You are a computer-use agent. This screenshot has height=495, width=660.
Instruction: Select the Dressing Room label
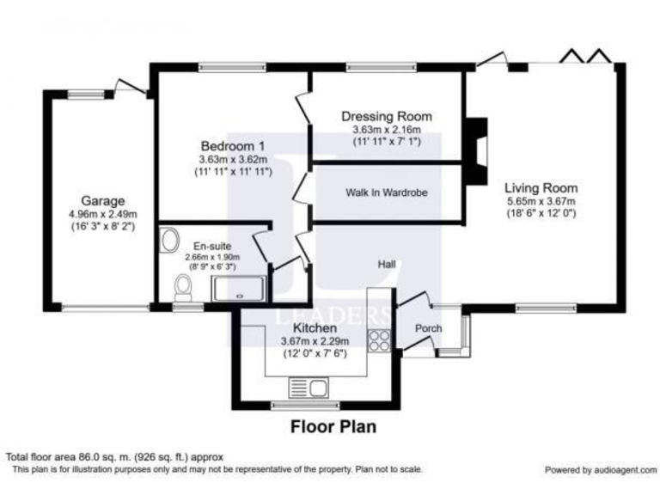pyautogui.click(x=386, y=116)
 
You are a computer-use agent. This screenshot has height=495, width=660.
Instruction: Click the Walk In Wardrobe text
pyautogui.click(x=387, y=192)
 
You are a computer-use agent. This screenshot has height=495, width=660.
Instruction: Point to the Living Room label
pyautogui.click(x=541, y=187)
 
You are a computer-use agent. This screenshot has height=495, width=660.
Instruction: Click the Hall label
pyautogui.click(x=387, y=265)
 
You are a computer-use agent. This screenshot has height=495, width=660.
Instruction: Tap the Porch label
pyautogui.click(x=429, y=328)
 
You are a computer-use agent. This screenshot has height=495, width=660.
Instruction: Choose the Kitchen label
pyautogui.click(x=315, y=328)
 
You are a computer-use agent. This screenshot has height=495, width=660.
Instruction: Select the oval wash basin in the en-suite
pyautogui.click(x=169, y=239)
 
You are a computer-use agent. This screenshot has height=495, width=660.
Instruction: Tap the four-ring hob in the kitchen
pyautogui.click(x=378, y=340)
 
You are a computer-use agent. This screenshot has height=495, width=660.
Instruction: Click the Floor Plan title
pyautogui.click(x=333, y=425)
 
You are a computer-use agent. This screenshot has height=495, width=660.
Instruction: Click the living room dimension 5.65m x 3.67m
pyautogui.click(x=541, y=201)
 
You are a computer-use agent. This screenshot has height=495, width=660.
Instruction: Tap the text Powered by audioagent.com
pyautogui.click(x=600, y=470)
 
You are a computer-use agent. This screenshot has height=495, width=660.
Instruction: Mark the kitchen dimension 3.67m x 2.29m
pyautogui.click(x=315, y=341)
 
